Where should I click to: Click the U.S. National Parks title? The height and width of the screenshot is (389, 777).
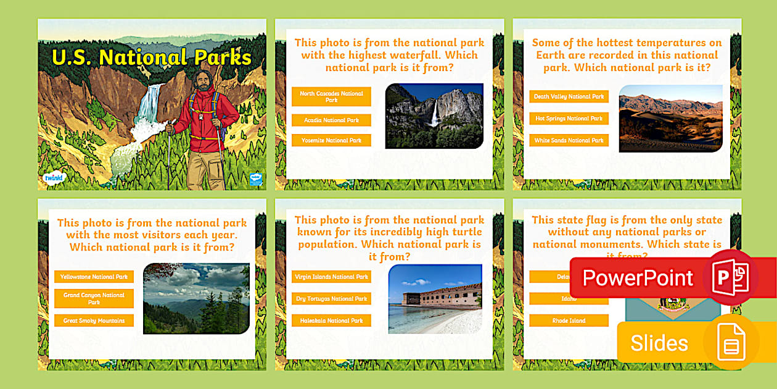click(x=152, y=57)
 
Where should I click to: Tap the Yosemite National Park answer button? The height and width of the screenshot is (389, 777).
click(x=331, y=140)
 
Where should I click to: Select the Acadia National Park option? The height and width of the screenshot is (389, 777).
click(x=331, y=120)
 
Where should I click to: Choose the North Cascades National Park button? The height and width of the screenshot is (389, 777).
click(x=331, y=96)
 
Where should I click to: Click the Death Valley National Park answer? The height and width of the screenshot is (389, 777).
click(x=569, y=96)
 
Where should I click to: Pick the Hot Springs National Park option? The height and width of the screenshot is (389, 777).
click(x=569, y=119)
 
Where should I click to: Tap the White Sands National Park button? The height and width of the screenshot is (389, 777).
click(x=569, y=140)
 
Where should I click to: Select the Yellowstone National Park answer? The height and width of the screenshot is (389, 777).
click(x=94, y=277)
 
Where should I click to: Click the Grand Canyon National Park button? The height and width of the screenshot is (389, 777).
click(x=94, y=299)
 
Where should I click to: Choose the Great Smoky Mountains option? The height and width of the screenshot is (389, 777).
click(x=94, y=320)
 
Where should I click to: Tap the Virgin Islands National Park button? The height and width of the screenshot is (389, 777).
click(x=331, y=277)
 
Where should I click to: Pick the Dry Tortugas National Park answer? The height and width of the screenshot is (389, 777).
click(x=331, y=299)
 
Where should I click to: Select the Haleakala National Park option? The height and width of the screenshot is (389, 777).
click(x=331, y=320)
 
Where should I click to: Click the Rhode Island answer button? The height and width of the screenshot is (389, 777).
click(x=569, y=320)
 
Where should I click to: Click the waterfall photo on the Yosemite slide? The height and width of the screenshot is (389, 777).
click(x=434, y=116)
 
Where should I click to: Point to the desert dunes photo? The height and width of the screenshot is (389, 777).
click(x=670, y=119)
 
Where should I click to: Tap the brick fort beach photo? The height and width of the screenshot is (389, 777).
click(x=435, y=299)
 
